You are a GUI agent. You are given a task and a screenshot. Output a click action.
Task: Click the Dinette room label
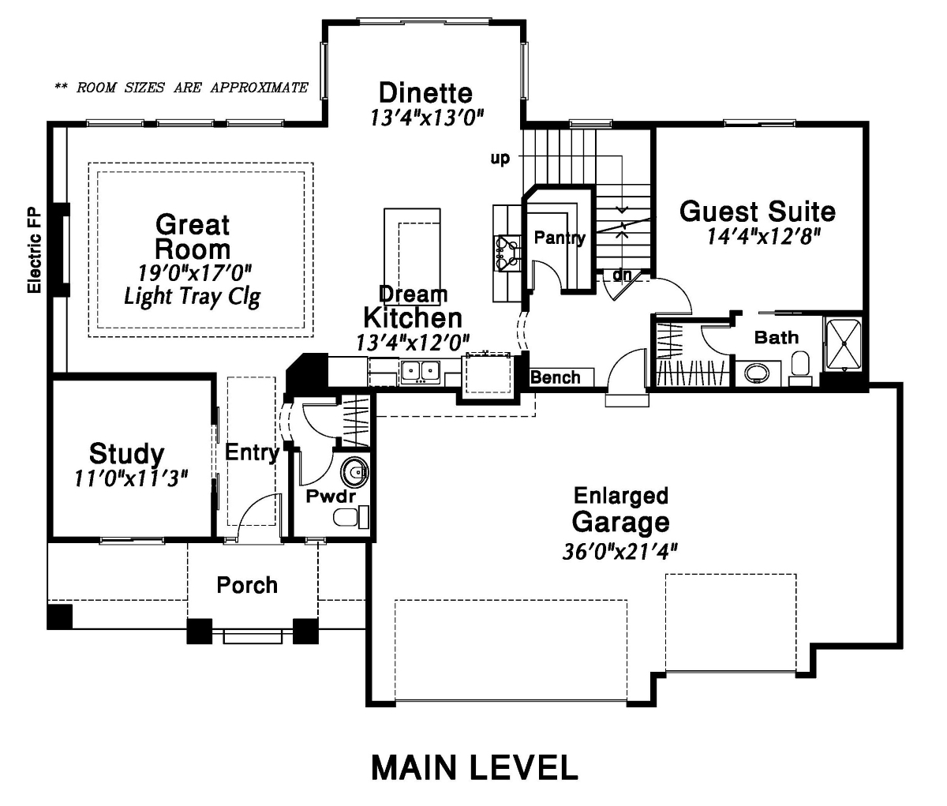[x=425, y=93]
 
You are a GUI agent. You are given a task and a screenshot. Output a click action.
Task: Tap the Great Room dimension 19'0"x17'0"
[x=196, y=274]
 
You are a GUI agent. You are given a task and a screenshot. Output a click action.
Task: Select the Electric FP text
[x=35, y=251]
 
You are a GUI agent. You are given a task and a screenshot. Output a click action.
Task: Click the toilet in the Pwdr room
[x=351, y=517]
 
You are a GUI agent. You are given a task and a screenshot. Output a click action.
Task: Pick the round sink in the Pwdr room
[x=354, y=471]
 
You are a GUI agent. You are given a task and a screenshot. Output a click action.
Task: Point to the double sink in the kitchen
[x=420, y=371]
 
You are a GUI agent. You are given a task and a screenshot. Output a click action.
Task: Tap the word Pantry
[x=560, y=238]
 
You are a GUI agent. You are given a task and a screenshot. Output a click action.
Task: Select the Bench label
[x=556, y=377]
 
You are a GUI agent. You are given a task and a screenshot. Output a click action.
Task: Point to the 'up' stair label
[x=500, y=158]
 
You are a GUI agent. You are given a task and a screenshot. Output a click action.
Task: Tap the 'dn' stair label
[x=622, y=275]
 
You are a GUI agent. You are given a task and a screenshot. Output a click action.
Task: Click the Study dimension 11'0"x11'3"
[x=132, y=478]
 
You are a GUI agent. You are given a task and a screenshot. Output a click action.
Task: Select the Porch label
[x=247, y=585]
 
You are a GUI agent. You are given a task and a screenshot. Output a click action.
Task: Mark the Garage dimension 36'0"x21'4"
[x=619, y=551]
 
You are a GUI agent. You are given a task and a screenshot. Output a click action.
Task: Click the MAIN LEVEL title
[x=474, y=768]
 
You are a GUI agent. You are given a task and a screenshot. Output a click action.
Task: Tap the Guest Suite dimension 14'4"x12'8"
[x=762, y=236]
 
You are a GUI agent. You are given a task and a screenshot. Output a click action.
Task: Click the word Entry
[x=252, y=452]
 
